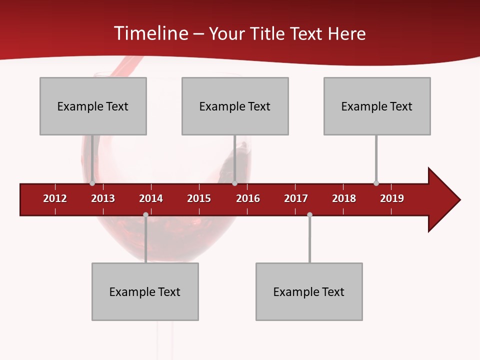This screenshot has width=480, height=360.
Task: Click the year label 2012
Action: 55,198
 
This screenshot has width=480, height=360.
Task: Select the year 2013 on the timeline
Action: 103,198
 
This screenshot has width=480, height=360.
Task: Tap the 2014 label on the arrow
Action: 151,198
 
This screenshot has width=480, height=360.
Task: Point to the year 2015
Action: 199,198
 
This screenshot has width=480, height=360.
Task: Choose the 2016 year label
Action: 248,198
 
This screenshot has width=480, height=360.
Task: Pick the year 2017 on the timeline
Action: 296,198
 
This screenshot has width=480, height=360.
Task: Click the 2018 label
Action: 344,198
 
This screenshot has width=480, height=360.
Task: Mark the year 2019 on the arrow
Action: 392,198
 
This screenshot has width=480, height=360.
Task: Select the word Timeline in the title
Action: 150,33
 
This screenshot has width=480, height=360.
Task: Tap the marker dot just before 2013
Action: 92,183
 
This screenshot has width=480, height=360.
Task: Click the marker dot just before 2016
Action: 234,183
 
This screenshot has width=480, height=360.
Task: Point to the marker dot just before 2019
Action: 376,183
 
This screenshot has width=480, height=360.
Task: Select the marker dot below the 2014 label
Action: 145,214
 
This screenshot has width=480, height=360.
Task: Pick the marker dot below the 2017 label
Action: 309,214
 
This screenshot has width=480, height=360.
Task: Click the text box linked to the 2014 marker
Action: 145,291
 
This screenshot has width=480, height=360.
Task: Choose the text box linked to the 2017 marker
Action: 309,291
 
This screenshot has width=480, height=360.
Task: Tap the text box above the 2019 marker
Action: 377,106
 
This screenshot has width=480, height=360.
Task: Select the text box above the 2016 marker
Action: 235,106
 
